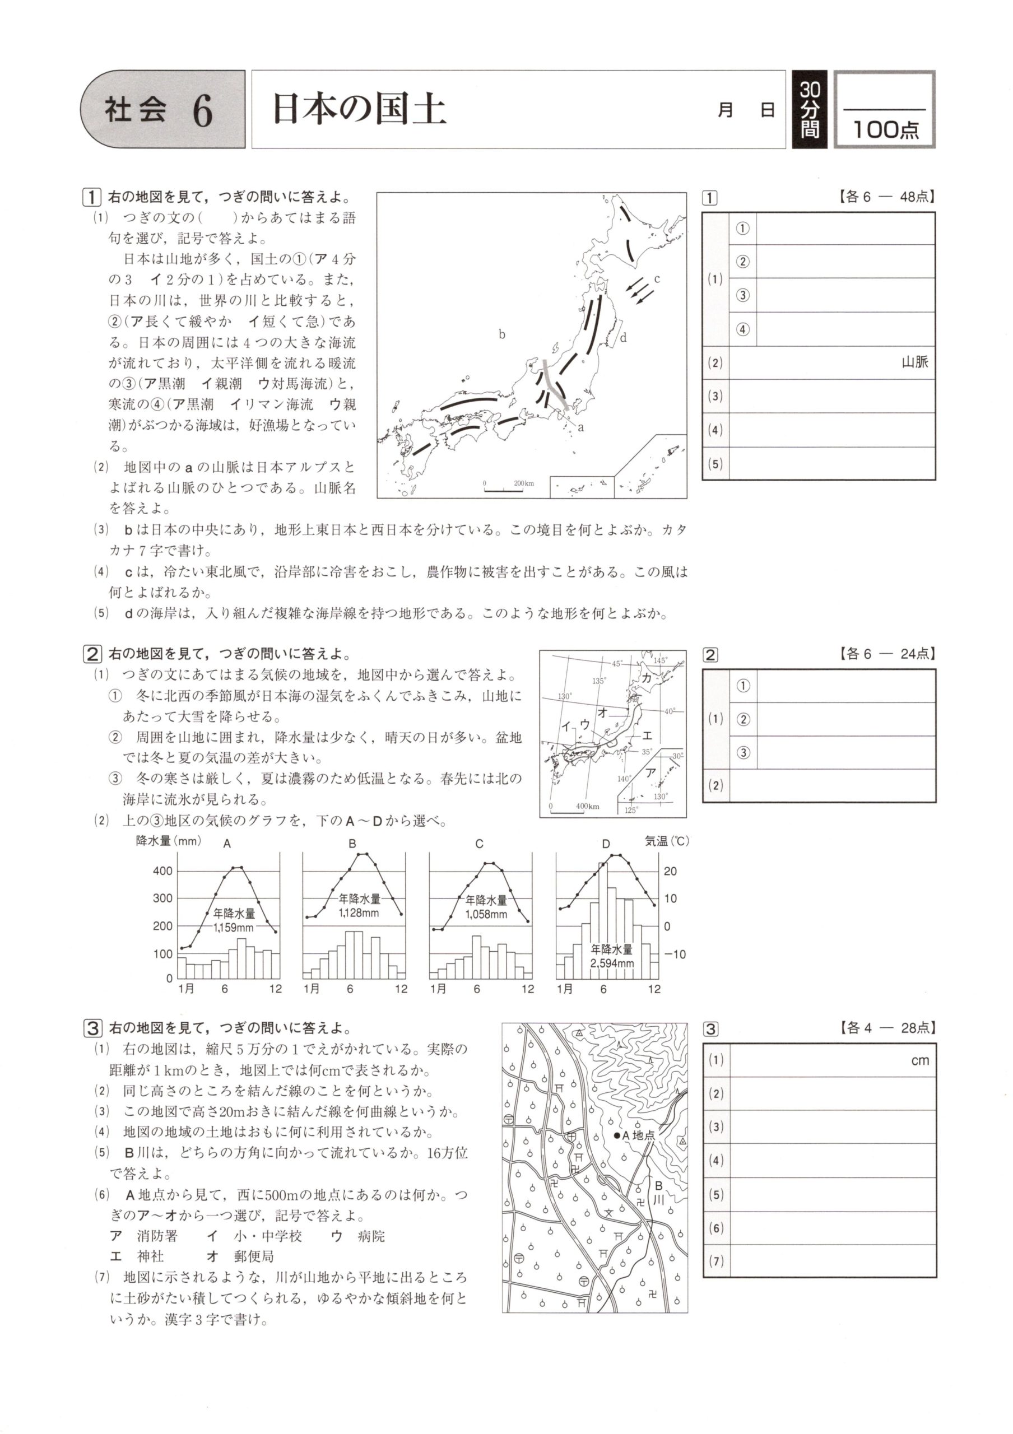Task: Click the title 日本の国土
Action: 359,110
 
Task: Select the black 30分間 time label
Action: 810,110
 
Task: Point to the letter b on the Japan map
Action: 501,335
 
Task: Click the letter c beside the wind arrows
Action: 657,278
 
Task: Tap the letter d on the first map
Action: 622,338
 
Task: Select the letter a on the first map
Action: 581,428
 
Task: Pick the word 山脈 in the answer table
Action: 914,362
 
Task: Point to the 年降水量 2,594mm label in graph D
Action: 611,956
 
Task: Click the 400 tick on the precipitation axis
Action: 163,870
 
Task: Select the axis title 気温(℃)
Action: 666,841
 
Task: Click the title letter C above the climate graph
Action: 479,844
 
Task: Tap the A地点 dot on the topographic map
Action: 617,1135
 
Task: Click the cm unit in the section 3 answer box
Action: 920,1060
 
